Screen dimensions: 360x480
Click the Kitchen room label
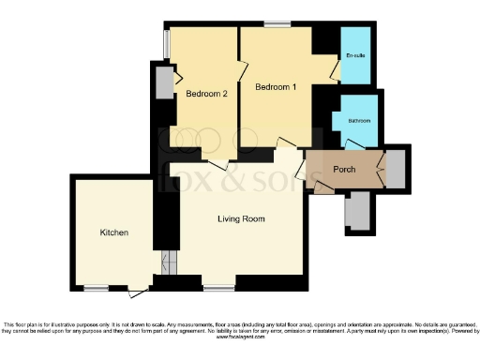pos(113,232)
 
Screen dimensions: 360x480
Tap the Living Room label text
pos(241,219)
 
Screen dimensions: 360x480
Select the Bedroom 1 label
pos(276,87)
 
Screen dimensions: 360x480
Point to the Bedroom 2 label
pos(206,94)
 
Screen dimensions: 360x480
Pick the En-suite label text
pos(355,56)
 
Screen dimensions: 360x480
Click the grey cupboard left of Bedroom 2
pos(164,83)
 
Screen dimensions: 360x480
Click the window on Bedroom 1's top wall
pos(276,23)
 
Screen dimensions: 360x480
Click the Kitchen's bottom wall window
pos(96,287)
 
